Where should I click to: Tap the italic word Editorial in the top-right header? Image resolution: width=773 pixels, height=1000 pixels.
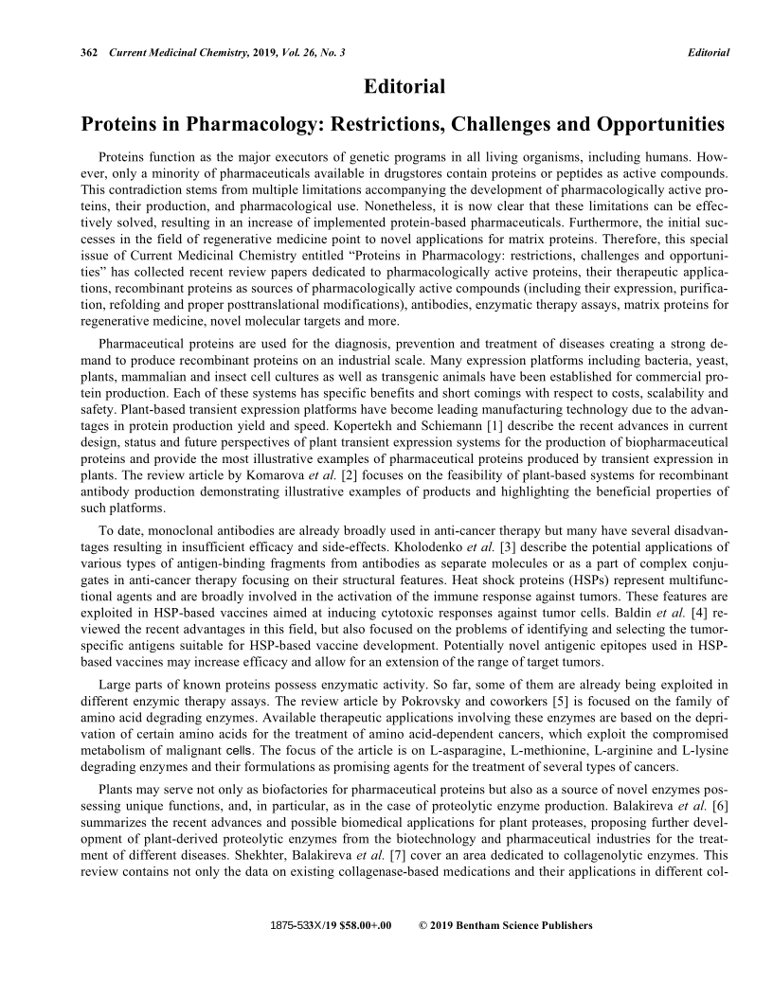point(708,52)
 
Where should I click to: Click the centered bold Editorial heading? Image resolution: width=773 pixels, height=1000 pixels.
point(404,87)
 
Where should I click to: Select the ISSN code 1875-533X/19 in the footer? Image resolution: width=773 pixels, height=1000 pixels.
point(298,925)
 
